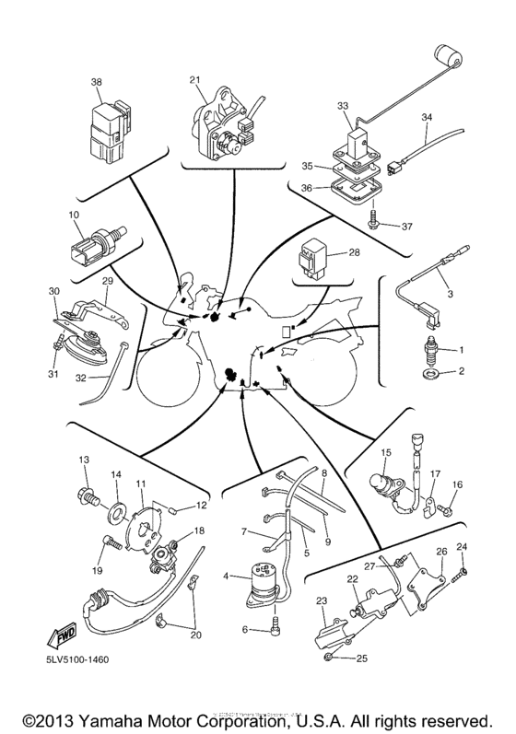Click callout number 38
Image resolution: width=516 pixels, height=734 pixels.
pos(97,82)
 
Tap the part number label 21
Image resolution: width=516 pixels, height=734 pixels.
pos(194,80)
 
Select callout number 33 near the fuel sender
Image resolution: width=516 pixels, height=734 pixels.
pos(344,107)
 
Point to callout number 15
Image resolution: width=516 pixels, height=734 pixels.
pos(387,453)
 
